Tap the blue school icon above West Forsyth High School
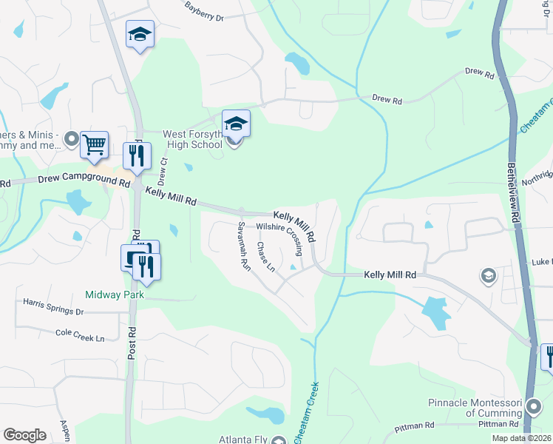(236, 123)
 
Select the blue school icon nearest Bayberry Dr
(140, 34)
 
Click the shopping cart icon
(95, 145)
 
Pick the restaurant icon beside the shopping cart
(135, 155)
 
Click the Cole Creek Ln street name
(81, 334)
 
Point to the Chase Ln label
(265, 256)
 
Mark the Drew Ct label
(163, 172)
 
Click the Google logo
(24, 435)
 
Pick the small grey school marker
(488, 277)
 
